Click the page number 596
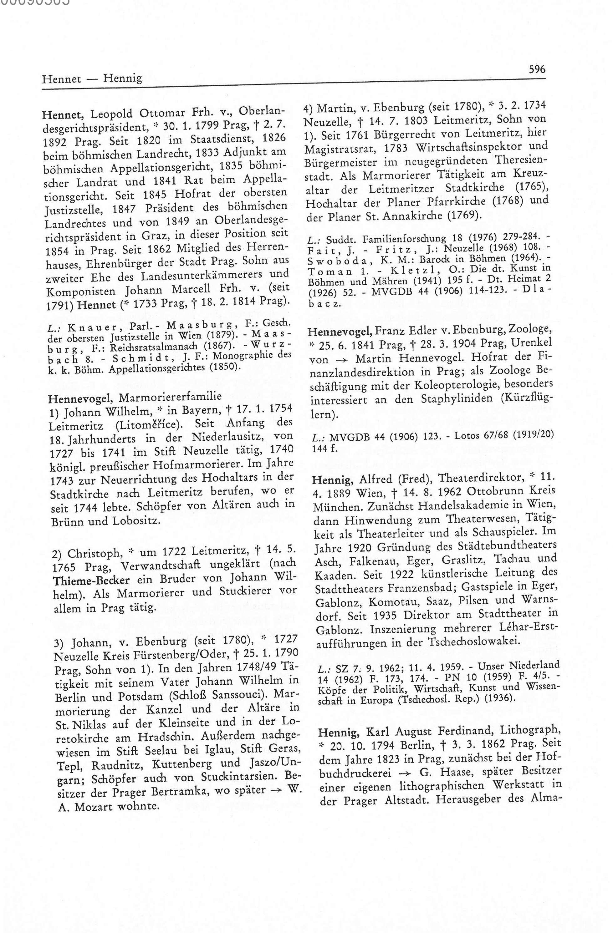[x=537, y=70]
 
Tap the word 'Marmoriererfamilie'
[x=170, y=397]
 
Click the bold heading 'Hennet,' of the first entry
[x=64, y=114]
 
